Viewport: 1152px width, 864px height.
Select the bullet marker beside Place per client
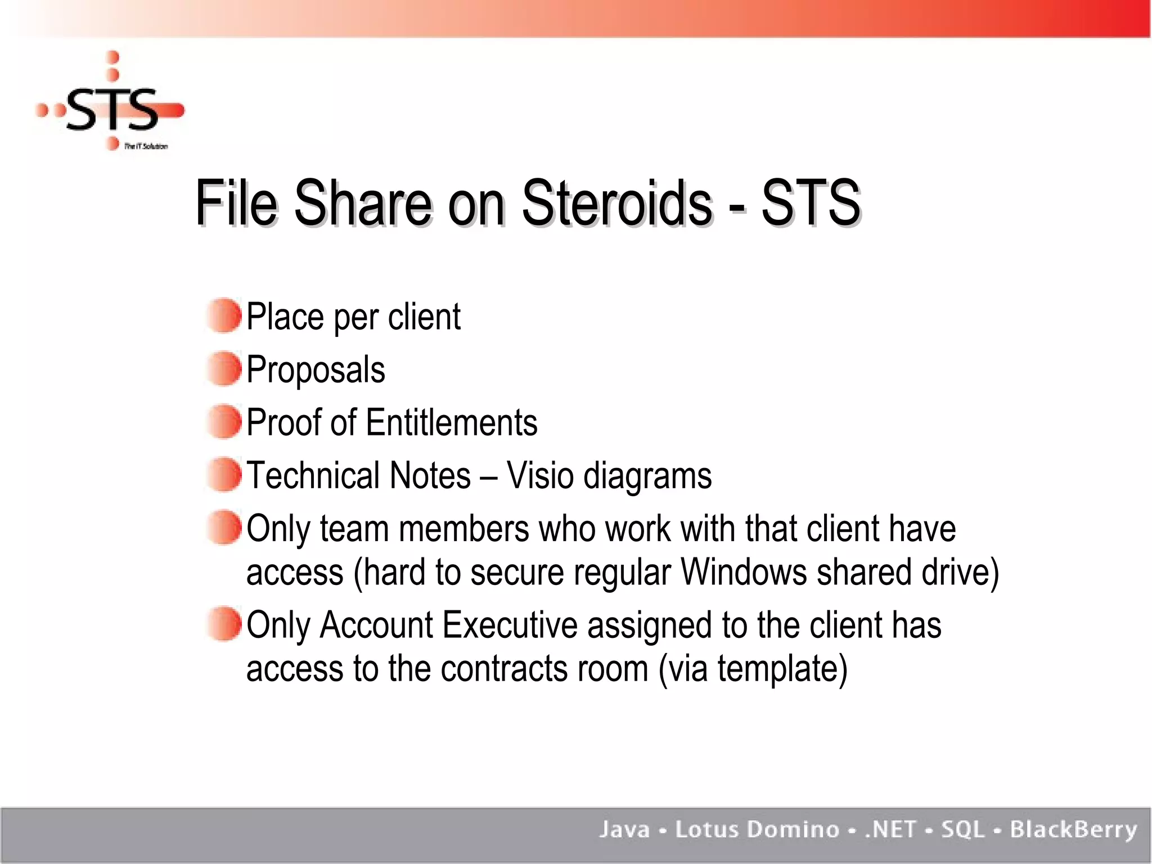point(224,316)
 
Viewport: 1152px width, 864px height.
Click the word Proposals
point(316,370)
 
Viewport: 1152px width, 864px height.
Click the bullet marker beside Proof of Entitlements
point(224,421)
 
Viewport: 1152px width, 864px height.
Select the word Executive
point(510,625)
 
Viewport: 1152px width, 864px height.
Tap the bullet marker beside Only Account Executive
point(224,624)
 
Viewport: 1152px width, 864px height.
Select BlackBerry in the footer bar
point(1073,830)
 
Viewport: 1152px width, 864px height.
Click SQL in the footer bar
point(963,830)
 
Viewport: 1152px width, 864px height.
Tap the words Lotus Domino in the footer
point(757,830)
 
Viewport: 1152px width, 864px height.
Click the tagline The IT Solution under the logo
point(146,146)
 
